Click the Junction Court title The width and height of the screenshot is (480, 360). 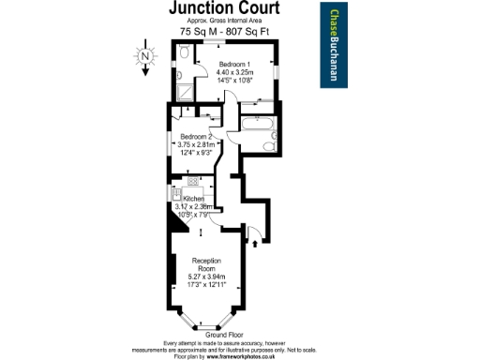point(223,8)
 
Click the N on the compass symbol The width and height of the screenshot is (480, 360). point(146,56)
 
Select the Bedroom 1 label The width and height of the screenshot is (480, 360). point(230,64)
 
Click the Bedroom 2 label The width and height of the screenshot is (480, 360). point(197,137)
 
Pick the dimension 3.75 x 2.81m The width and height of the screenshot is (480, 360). point(197,144)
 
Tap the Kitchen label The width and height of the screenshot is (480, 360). point(194,199)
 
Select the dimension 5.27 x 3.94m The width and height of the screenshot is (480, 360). point(208,276)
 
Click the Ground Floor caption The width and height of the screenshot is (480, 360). point(225,336)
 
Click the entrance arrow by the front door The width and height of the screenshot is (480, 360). point(252,230)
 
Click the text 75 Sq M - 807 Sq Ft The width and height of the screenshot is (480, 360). point(225,32)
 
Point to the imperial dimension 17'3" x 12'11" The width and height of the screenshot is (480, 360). point(208,283)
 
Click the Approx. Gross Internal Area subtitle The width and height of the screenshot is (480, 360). point(224,21)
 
